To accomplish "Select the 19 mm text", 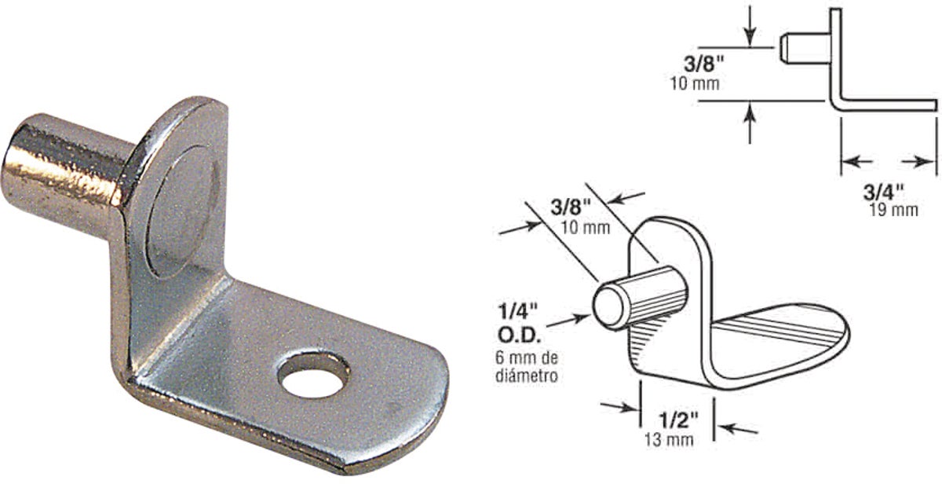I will [x=894, y=209].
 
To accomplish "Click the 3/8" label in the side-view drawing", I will [x=699, y=63].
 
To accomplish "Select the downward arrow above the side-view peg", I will [x=750, y=24].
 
